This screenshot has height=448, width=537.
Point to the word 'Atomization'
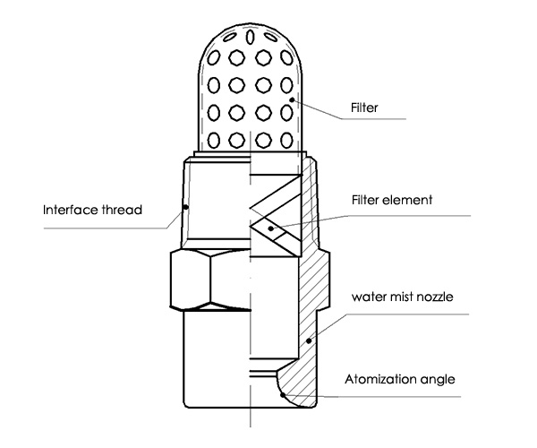tap(377, 379)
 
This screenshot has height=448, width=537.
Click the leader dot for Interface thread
tap(184, 206)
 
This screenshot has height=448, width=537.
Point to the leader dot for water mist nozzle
tap(310, 340)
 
